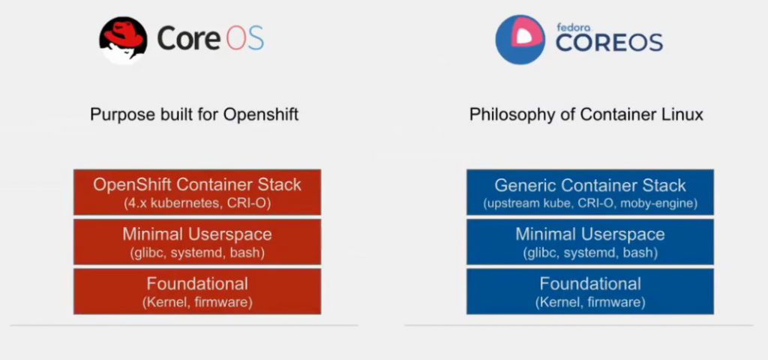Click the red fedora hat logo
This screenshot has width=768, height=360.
(x=124, y=40)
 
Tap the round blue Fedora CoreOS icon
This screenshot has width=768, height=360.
(x=520, y=40)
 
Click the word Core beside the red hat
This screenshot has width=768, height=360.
(x=188, y=38)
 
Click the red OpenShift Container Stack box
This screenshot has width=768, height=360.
(x=197, y=192)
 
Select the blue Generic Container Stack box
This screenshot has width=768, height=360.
(x=590, y=192)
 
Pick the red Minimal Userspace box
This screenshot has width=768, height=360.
(x=197, y=242)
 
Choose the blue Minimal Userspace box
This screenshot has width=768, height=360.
(x=590, y=242)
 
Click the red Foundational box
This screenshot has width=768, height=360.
(x=197, y=292)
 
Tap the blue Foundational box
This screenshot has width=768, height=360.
(x=590, y=292)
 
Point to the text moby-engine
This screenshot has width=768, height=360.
(x=658, y=203)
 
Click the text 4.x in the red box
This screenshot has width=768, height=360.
(x=133, y=203)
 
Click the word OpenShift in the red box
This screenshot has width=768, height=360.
(x=133, y=184)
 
